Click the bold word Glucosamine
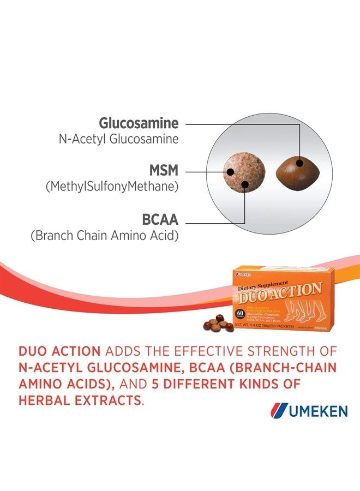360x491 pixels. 139,123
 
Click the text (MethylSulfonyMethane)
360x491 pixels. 112,187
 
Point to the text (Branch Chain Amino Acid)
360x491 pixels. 104,236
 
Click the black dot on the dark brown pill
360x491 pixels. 299,162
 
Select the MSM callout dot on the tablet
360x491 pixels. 230,171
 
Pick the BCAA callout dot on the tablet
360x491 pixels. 245,185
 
